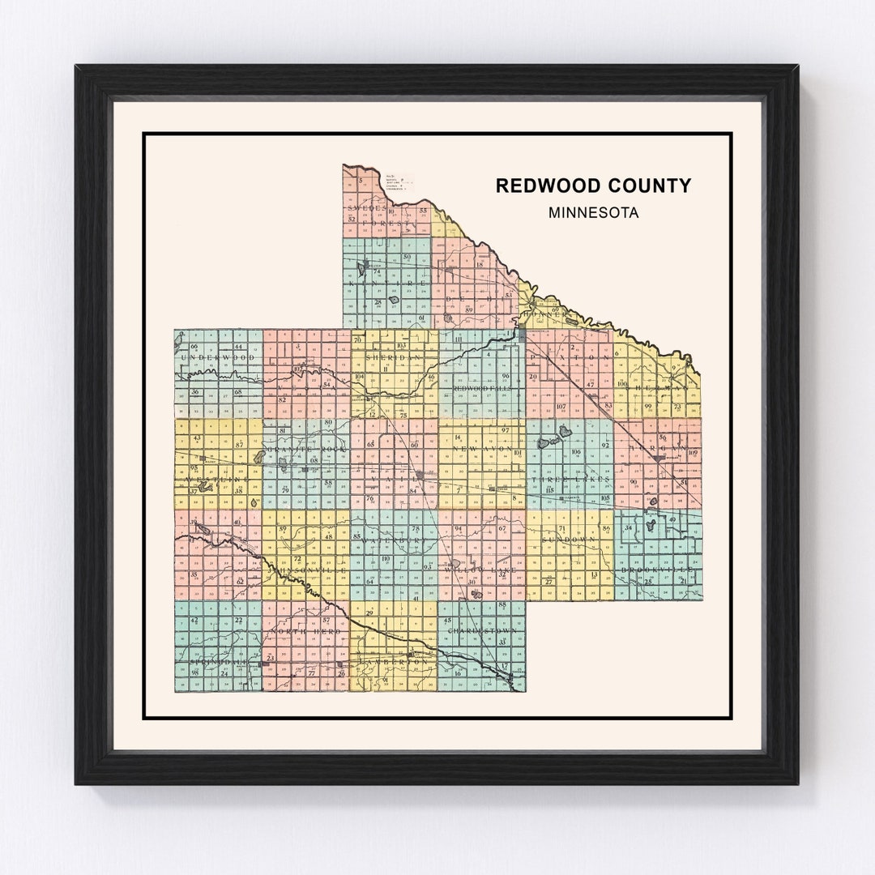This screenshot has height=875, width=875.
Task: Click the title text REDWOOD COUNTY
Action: [x=593, y=186]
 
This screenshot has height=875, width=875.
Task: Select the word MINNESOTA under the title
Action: [x=593, y=213]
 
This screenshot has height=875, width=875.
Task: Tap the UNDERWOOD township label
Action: [x=218, y=356]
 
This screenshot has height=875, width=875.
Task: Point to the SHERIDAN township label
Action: [x=395, y=356]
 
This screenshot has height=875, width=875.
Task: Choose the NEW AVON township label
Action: [x=482, y=448]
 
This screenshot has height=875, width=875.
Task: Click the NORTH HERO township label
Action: [x=306, y=630]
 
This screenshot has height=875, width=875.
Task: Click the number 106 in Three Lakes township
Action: [x=576, y=452]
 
